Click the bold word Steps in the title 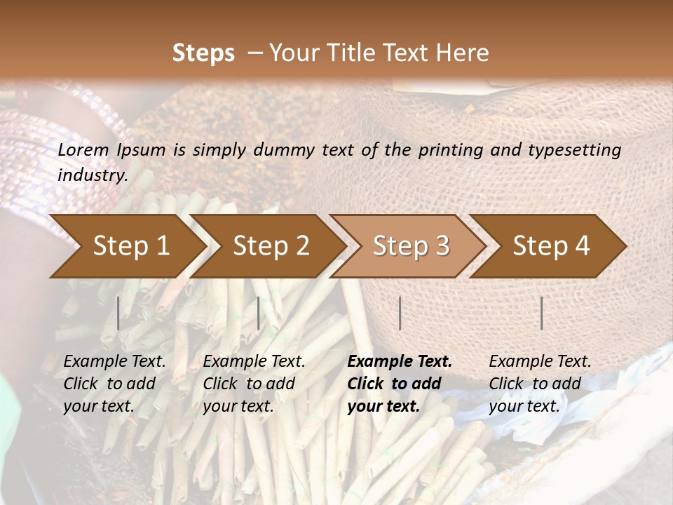(203, 53)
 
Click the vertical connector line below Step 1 (118, 313)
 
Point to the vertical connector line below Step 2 (259, 313)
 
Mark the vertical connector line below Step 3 (400, 313)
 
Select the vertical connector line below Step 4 (541, 313)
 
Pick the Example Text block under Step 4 (540, 384)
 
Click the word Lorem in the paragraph (83, 150)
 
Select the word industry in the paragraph (92, 175)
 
